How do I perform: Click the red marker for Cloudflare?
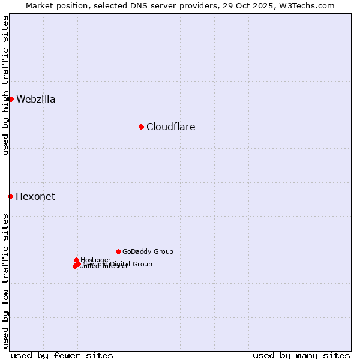tap(141, 127)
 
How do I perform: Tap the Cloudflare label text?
tap(171, 127)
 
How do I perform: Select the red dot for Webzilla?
tap(11, 99)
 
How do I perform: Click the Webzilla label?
tap(36, 99)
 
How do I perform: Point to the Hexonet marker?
tap(10, 196)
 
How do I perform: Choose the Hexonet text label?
tap(35, 196)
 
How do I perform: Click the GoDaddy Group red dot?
tap(118, 251)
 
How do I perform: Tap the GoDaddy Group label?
tap(148, 251)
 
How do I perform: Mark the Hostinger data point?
tap(76, 260)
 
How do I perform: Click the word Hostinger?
tap(96, 260)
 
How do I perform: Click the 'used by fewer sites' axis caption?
tap(62, 355)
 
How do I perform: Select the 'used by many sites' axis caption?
tap(301, 355)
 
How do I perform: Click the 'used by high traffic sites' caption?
tap(6, 85)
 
